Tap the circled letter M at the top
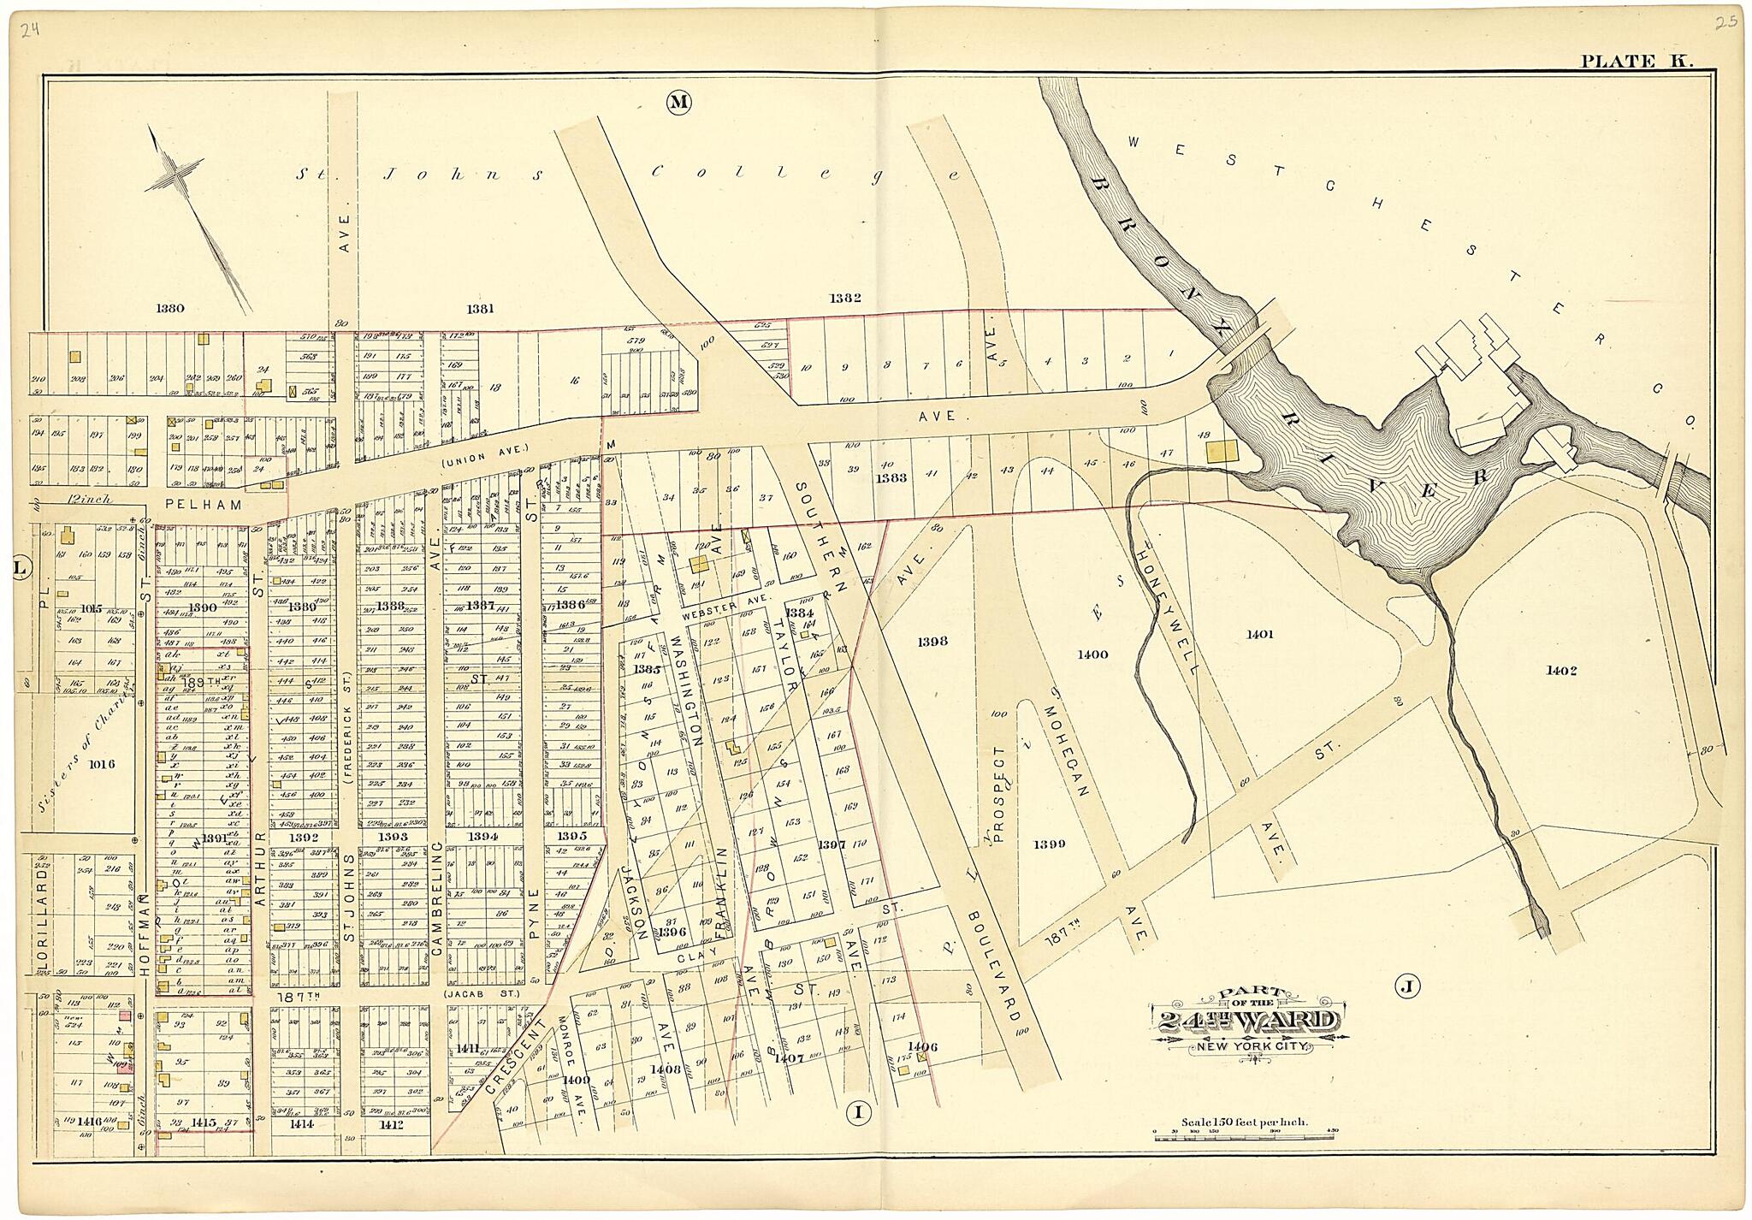click(x=678, y=103)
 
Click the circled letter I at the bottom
click(x=858, y=1112)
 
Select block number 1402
click(x=1560, y=671)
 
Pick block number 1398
click(x=932, y=641)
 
